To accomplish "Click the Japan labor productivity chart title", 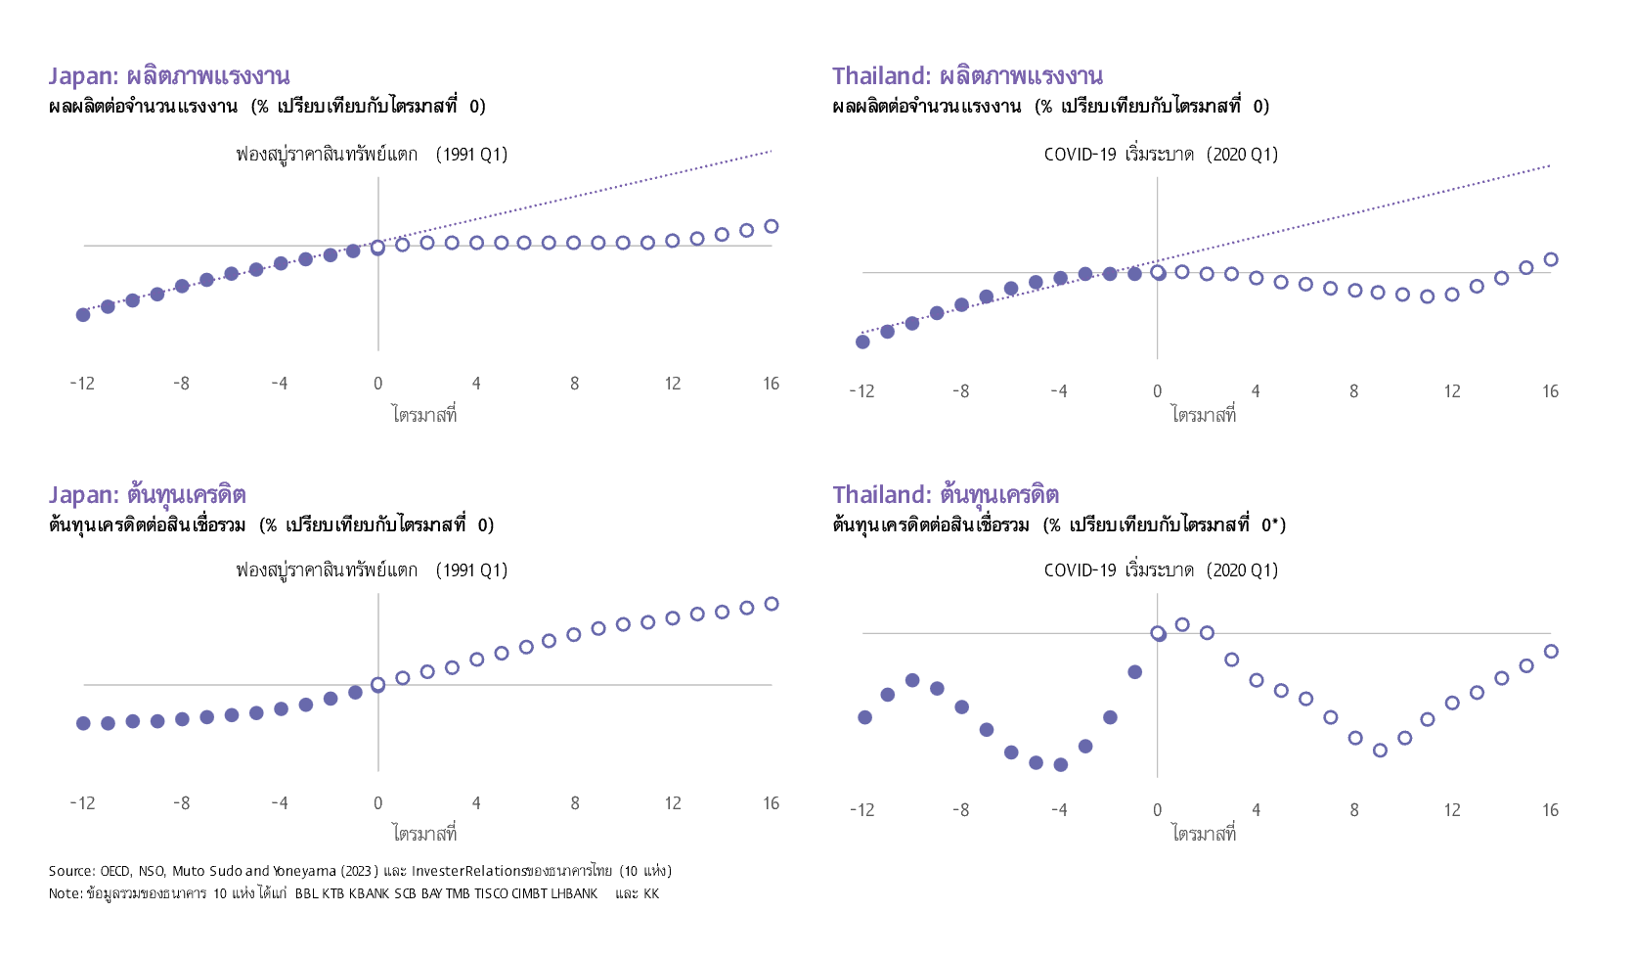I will (x=169, y=76).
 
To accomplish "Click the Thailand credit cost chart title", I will (x=946, y=494).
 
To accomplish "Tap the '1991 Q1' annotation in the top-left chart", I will (x=471, y=154).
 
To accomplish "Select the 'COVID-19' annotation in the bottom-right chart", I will (x=1080, y=570).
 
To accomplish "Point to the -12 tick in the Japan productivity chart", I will (x=82, y=384).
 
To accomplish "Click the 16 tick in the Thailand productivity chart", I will (x=1550, y=391).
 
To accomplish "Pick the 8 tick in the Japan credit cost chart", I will (x=575, y=803).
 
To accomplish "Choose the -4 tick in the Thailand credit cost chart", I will (x=1059, y=810).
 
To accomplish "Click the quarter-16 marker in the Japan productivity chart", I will (x=772, y=227).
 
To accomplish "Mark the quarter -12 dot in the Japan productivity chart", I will (x=83, y=315).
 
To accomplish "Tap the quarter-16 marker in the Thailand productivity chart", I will (x=1551, y=260).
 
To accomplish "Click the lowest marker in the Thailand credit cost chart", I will (x=1060, y=765).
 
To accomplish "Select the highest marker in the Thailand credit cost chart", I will (x=1182, y=624).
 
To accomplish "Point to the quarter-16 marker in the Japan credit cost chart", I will (x=772, y=604).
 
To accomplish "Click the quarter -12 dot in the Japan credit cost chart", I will (x=83, y=723).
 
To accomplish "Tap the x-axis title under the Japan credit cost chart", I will (x=424, y=834).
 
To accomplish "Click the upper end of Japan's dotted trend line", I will (x=772, y=151).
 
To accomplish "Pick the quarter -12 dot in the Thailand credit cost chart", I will (x=864, y=717).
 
